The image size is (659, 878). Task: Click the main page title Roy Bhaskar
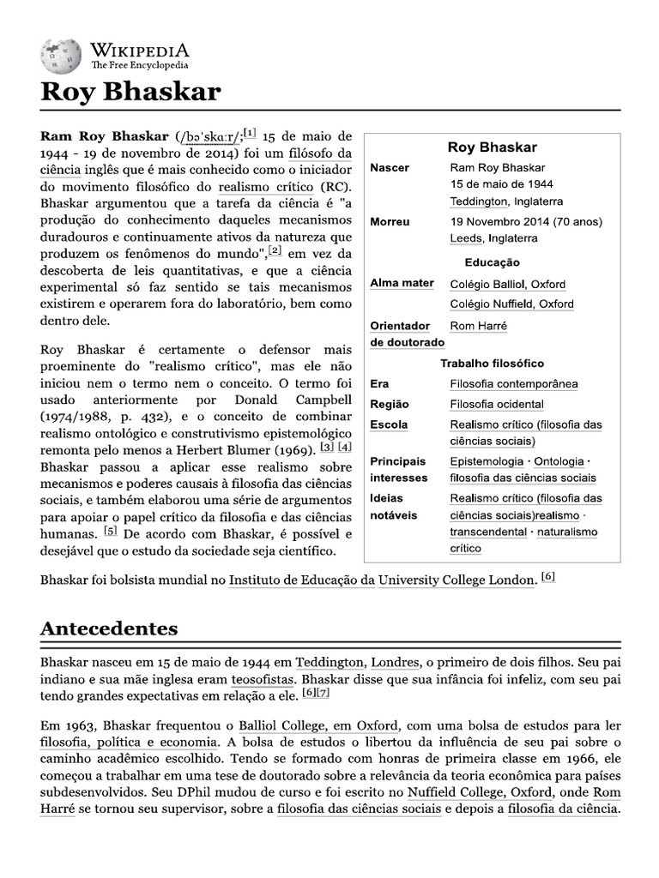click(x=131, y=92)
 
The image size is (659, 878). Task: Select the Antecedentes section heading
click(x=109, y=628)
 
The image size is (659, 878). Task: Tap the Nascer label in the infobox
click(x=389, y=168)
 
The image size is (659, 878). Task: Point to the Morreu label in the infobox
click(x=390, y=222)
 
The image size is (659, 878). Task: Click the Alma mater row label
click(x=402, y=284)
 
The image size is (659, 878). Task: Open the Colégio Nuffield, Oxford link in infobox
click(x=511, y=304)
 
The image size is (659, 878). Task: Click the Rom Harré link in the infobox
click(x=478, y=326)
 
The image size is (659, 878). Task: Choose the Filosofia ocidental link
click(x=496, y=405)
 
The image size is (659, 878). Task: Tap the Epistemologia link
click(x=488, y=461)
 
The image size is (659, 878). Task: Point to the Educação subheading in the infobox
click(x=492, y=262)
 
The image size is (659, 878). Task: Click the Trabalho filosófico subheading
click(x=492, y=364)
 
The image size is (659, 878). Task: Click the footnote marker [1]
click(x=250, y=132)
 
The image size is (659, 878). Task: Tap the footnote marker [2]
click(x=275, y=250)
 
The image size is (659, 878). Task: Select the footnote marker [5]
click(x=111, y=530)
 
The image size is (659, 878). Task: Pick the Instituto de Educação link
click(x=302, y=580)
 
